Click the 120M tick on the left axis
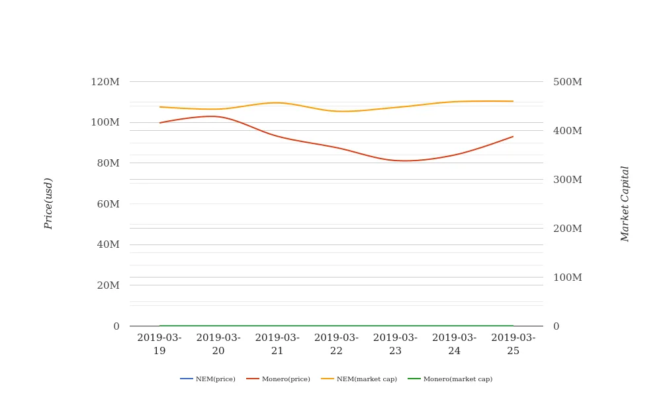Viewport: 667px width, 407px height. point(105,82)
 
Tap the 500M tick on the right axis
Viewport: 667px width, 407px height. point(568,82)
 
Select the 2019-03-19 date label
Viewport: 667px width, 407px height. point(159,344)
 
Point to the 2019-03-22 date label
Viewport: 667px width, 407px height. point(336,344)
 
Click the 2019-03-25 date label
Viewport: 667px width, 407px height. point(513,344)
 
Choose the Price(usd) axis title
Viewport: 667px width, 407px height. point(48,203)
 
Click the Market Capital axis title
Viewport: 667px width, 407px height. point(625,203)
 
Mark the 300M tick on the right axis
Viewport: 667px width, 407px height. point(568,180)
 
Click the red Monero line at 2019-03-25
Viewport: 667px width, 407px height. point(513,137)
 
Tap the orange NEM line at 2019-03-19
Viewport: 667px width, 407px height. point(160,107)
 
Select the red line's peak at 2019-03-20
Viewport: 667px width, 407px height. point(212,116)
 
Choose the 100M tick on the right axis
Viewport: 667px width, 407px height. point(568,277)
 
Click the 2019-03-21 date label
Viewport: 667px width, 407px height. point(277,344)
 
